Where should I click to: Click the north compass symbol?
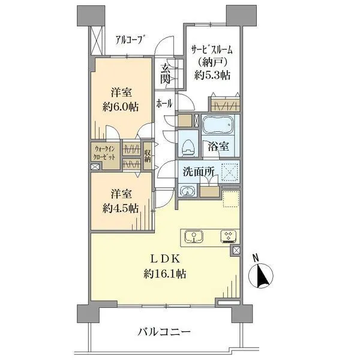[261, 275]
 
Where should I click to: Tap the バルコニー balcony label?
[164, 332]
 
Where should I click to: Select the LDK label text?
[165, 259]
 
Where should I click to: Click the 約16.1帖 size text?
[165, 274]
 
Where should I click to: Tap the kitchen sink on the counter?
[194, 236]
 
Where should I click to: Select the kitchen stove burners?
[229, 236]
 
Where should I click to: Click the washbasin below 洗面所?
[188, 191]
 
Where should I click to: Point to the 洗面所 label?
[199, 172]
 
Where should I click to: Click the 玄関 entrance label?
[166, 73]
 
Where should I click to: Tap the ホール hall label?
[164, 104]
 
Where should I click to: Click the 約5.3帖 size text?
[212, 75]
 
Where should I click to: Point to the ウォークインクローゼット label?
[104, 153]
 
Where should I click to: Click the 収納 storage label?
[148, 156]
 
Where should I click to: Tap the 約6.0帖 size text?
[121, 107]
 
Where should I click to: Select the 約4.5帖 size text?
[121, 208]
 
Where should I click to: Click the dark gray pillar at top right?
[241, 16]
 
